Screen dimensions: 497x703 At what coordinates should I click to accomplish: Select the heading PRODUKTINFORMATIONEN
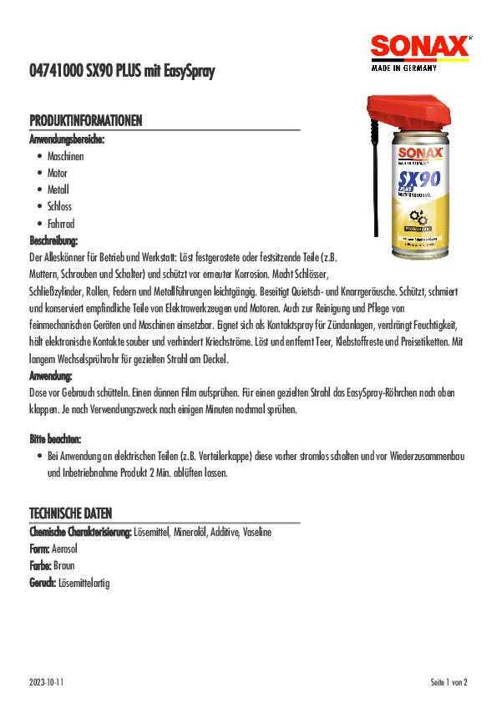86,122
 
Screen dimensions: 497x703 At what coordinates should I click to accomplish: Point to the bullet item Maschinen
65,156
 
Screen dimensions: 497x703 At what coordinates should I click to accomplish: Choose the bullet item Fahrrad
63,224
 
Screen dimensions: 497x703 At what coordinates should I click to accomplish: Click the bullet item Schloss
59,207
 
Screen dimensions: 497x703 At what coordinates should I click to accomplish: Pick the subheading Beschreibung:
53,240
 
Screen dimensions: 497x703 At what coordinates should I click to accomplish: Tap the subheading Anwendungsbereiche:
67,139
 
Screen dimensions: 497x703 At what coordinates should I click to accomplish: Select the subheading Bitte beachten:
55,438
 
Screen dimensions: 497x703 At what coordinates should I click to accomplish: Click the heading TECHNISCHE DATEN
71,513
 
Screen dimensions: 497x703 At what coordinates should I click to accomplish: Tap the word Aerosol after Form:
64,549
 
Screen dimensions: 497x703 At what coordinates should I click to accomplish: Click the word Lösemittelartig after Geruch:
83,583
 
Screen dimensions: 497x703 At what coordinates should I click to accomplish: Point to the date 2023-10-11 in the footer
47,682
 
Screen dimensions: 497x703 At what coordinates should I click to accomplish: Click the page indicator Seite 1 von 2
449,682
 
